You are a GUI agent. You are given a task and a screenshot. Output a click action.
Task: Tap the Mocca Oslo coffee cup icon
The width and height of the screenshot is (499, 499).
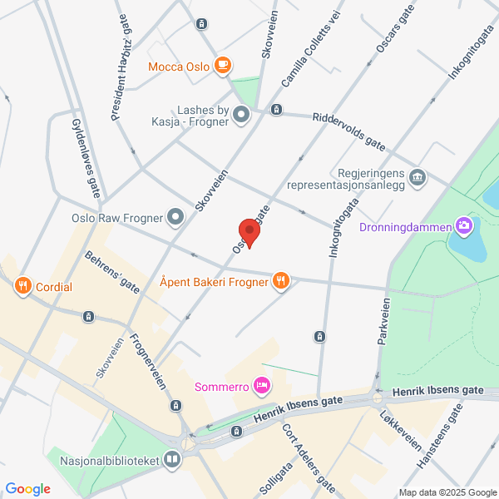[x=221, y=65]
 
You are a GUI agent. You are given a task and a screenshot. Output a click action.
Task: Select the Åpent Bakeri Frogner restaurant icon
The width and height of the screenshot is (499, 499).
[x=281, y=281]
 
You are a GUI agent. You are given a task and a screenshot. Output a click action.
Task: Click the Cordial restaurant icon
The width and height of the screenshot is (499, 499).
[x=22, y=287]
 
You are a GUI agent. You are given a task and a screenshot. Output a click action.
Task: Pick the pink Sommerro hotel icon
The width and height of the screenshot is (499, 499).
[x=262, y=384]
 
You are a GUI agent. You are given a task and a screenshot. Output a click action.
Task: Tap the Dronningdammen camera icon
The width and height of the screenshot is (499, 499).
[x=464, y=225]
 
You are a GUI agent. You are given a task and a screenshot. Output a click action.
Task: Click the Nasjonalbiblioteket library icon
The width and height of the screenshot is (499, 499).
[x=172, y=459]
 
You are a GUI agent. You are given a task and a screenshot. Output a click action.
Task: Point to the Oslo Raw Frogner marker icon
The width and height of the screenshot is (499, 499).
[x=175, y=218]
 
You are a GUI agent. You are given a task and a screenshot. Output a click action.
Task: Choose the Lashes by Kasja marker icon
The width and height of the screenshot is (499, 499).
[x=241, y=114]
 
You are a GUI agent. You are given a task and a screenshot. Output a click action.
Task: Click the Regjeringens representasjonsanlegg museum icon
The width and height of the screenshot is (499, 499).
[x=418, y=176]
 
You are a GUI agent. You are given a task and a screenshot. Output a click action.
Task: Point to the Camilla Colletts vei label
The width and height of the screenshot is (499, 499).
[x=312, y=53]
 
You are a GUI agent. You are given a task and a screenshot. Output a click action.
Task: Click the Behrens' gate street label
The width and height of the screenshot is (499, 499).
[x=112, y=271]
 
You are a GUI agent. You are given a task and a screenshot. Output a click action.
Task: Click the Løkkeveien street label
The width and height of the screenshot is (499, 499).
[x=400, y=430]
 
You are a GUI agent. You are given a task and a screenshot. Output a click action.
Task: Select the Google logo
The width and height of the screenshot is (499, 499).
[x=28, y=489]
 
